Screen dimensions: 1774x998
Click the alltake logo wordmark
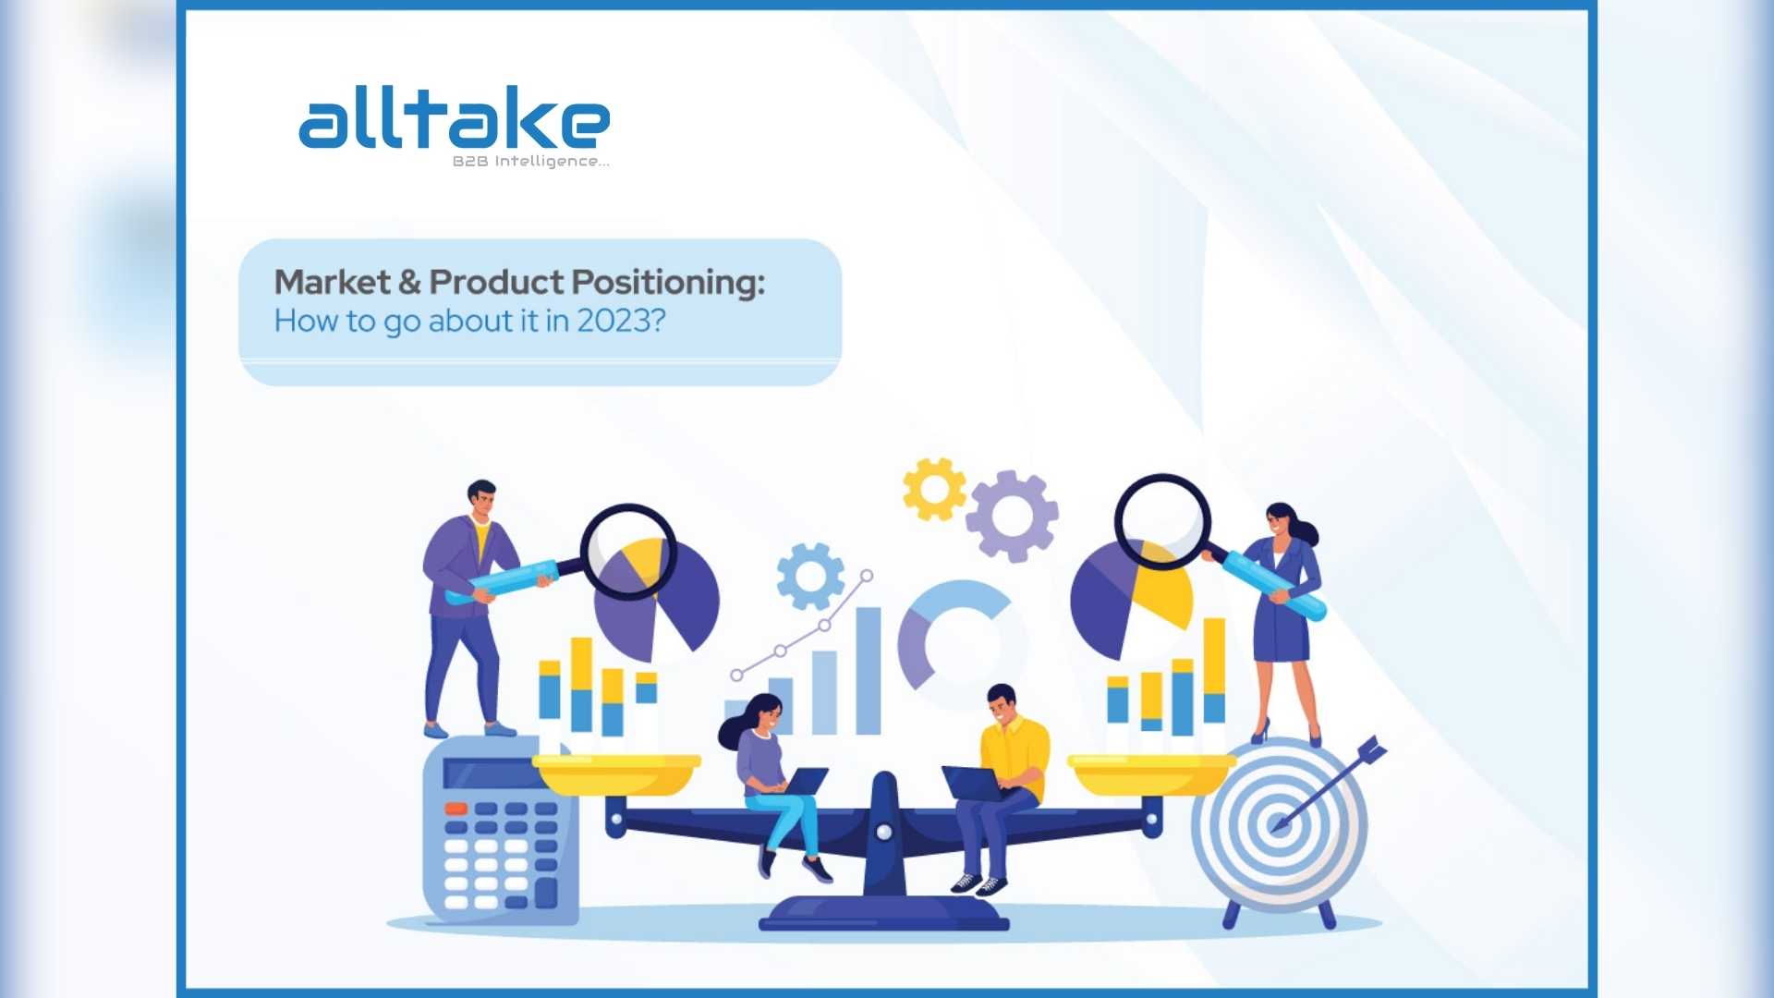coord(454,117)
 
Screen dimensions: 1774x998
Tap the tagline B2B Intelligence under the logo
coord(530,162)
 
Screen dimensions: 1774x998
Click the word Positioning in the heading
coord(668,283)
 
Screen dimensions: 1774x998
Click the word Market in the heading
coord(333,282)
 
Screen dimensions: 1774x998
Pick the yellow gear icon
coord(934,489)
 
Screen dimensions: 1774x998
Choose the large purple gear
coord(1012,517)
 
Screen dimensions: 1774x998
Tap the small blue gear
coord(810,577)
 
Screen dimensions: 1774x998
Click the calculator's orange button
coord(456,809)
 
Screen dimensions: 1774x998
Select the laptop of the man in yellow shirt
coord(973,785)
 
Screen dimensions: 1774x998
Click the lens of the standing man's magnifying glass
coord(628,552)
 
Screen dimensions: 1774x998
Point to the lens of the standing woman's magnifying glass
coord(1162,521)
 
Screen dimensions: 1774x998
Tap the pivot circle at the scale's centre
coord(884,833)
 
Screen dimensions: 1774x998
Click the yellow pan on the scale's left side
coord(616,774)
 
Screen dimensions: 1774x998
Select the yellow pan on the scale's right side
coord(1152,774)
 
